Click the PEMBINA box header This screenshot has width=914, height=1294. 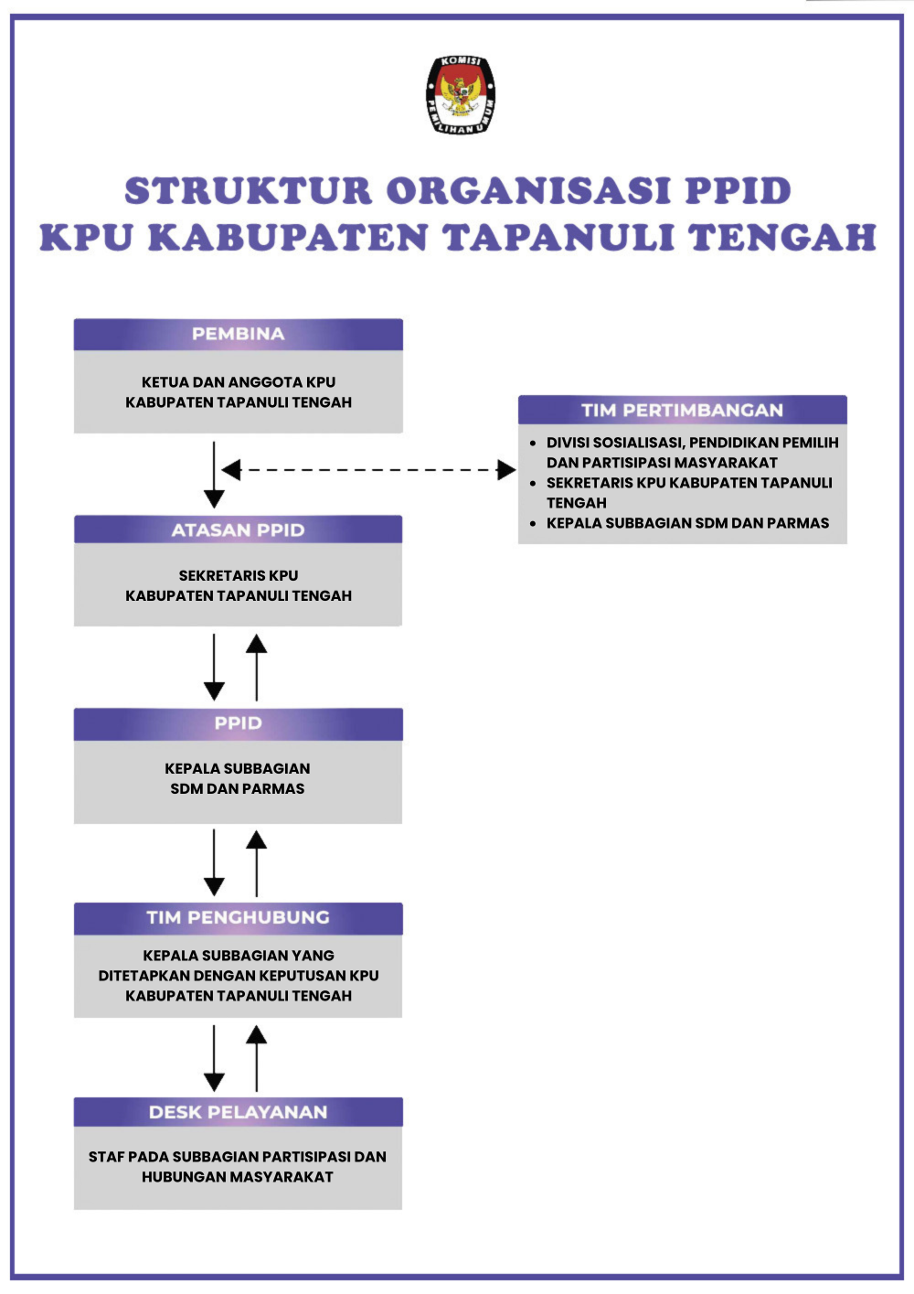pyautogui.click(x=238, y=335)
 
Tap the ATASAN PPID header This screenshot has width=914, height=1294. pyautogui.click(x=238, y=530)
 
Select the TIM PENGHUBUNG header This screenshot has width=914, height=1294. pyautogui.click(x=238, y=918)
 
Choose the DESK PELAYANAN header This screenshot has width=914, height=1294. pyautogui.click(x=238, y=1113)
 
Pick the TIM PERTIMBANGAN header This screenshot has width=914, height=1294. pyautogui.click(x=682, y=411)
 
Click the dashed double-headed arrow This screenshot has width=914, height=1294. pyautogui.click(x=369, y=470)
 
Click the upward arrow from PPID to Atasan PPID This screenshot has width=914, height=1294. pyautogui.click(x=257, y=668)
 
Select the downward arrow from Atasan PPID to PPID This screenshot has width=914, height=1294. pyautogui.click(x=214, y=668)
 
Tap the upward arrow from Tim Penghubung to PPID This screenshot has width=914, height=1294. pyautogui.click(x=257, y=863)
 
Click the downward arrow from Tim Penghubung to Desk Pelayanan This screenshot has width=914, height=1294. pyautogui.click(x=214, y=1058)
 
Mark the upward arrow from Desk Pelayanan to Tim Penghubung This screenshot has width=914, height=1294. pyautogui.click(x=257, y=1058)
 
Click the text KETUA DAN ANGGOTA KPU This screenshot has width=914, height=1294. pyautogui.click(x=239, y=382)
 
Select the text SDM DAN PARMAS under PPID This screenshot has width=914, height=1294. pyautogui.click(x=238, y=789)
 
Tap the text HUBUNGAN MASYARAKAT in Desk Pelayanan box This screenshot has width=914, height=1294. pyautogui.click(x=238, y=1178)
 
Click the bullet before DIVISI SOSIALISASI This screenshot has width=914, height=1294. pyautogui.click(x=533, y=443)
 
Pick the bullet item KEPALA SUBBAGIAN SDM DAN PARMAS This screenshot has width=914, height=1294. pyautogui.click(x=687, y=524)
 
